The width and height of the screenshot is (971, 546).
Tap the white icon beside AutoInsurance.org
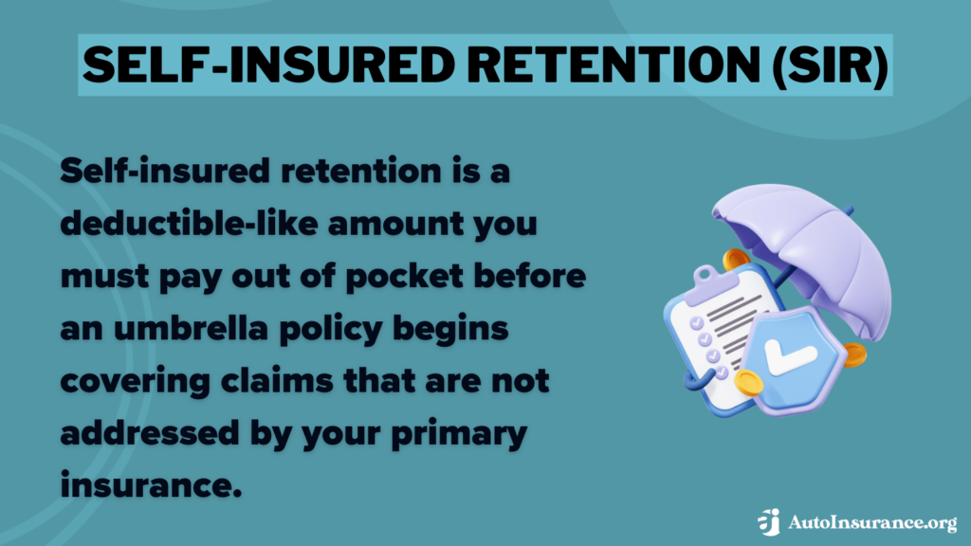[769, 521]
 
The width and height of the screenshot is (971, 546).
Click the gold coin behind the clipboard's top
[734, 259]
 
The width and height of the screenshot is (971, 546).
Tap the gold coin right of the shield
[852, 355]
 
